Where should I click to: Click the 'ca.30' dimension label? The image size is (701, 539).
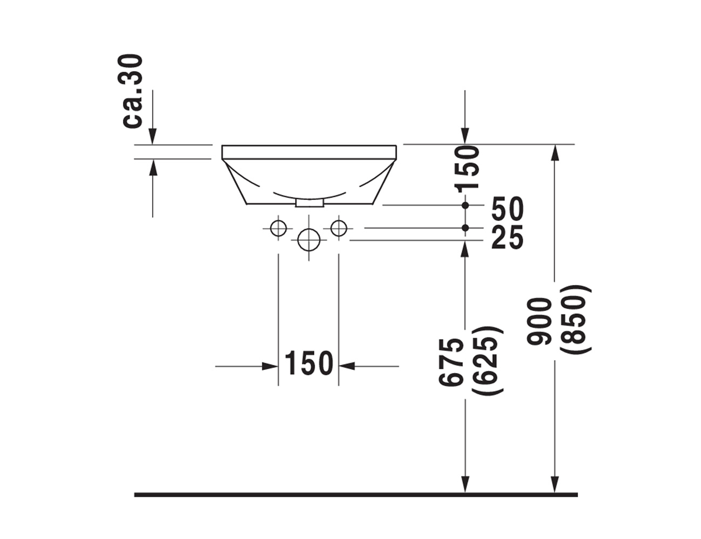pyautogui.click(x=133, y=91)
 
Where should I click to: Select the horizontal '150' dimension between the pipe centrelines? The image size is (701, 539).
pyautogui.click(x=309, y=363)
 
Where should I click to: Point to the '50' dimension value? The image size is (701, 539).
pyautogui.click(x=507, y=209)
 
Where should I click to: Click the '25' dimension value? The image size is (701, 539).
pyautogui.click(x=507, y=237)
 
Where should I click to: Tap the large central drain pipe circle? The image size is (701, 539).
pyautogui.click(x=309, y=240)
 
